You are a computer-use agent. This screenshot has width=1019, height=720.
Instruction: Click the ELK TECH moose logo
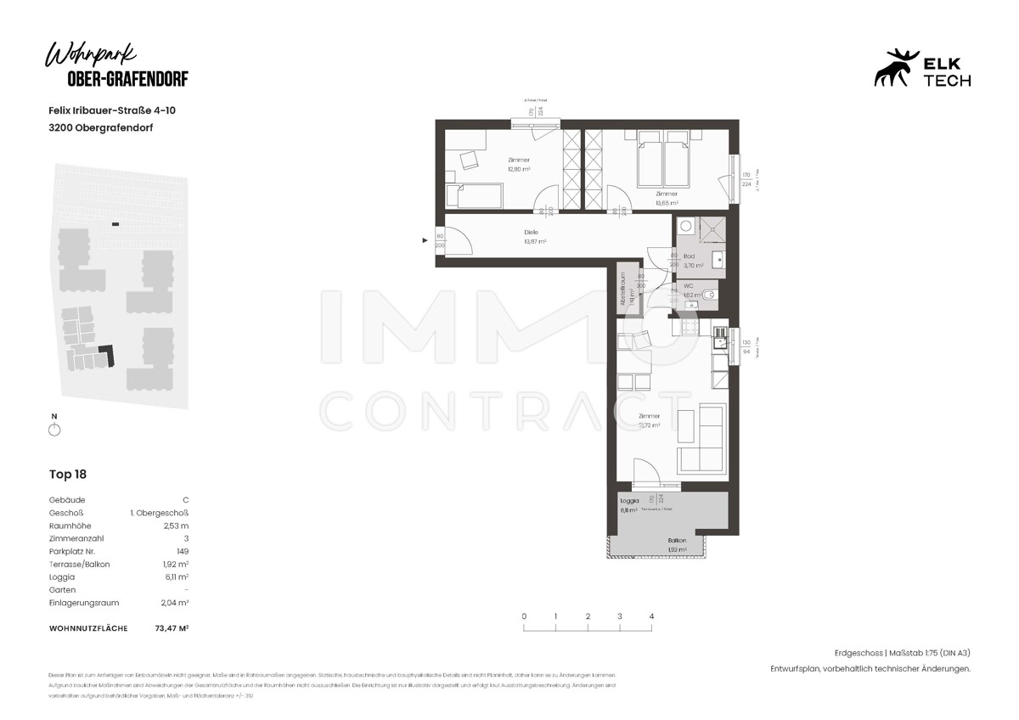[897, 67]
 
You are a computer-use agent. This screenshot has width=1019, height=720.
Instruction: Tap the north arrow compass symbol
[54, 430]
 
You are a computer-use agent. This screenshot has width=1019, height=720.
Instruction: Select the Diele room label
[532, 233]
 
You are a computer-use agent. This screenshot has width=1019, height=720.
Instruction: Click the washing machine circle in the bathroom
[685, 228]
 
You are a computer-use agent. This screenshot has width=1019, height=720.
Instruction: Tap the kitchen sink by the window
[720, 341]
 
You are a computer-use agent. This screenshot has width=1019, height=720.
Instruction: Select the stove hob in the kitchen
[685, 326]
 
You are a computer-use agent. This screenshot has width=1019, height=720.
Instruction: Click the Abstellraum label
[622, 289]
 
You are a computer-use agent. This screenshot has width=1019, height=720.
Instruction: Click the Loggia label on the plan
[628, 501]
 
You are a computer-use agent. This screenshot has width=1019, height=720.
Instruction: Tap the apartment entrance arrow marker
[425, 241]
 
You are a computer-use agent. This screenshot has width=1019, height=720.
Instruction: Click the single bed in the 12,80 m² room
[480, 197]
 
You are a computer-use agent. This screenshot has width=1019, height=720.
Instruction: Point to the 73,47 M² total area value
[171, 628]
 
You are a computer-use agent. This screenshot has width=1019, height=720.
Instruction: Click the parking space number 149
[181, 551]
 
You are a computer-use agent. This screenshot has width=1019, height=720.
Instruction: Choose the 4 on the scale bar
[651, 616]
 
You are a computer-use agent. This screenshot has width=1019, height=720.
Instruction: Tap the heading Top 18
[68, 475]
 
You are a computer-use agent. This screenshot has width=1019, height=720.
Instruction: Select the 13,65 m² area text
[667, 203]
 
